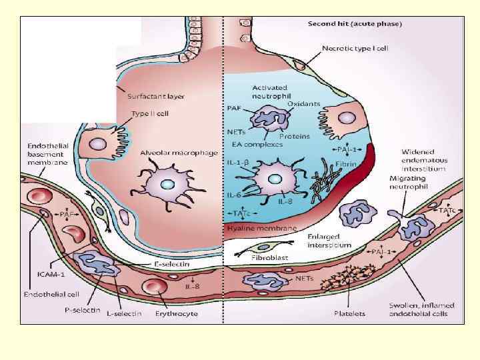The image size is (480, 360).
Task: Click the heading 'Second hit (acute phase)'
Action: click(x=354, y=24)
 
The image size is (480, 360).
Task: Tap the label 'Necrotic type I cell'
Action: click(x=356, y=49)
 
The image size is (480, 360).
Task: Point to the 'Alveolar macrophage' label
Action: click(x=179, y=153)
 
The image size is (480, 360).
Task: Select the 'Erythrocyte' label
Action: click(x=176, y=313)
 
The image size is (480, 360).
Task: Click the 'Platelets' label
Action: click(x=350, y=313)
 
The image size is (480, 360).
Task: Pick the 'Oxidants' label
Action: click(x=303, y=104)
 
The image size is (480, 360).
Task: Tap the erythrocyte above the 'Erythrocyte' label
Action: click(x=157, y=288)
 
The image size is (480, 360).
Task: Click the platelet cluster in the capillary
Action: click(x=347, y=280)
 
